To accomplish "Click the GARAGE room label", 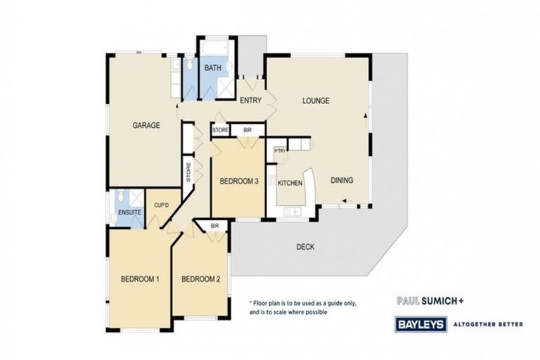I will (x=147, y=126).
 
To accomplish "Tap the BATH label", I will (x=213, y=68).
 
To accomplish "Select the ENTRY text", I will (x=250, y=101).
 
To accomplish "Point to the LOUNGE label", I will (x=316, y=101).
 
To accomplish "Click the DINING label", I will (x=342, y=180).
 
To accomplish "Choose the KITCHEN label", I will (x=290, y=184).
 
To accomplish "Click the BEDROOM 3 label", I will (x=239, y=181).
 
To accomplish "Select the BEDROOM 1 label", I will (x=139, y=279).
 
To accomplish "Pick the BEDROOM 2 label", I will (x=200, y=279).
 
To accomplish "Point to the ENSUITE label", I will (x=129, y=212).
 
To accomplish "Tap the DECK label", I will (x=305, y=247).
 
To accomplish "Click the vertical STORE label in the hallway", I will (x=188, y=173).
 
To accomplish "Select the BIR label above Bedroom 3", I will (x=247, y=130).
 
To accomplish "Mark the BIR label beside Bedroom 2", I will (x=214, y=226).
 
